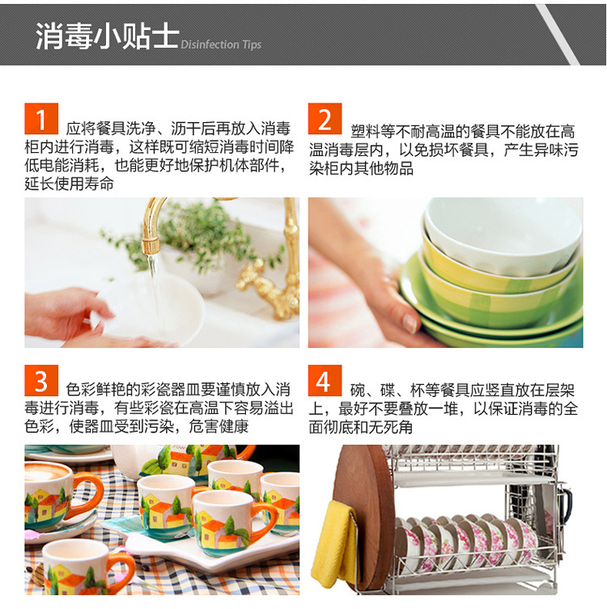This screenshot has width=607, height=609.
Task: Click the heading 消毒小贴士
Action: (x=108, y=36)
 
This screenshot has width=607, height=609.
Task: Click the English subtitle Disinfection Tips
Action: (x=221, y=44)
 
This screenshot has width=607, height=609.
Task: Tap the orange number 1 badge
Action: (x=41, y=119)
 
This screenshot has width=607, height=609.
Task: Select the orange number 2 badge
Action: (x=325, y=119)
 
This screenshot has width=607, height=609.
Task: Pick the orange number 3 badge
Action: (x=41, y=381)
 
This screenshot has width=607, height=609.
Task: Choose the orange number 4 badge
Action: (x=325, y=381)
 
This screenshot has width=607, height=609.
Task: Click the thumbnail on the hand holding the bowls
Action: (x=410, y=324)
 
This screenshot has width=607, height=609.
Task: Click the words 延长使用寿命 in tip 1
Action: (x=69, y=184)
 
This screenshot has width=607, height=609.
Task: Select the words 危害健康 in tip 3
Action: (x=219, y=427)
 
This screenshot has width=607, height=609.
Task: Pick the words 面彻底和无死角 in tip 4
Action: (x=361, y=427)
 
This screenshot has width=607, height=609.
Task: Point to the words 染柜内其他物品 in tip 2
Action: (x=361, y=168)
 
